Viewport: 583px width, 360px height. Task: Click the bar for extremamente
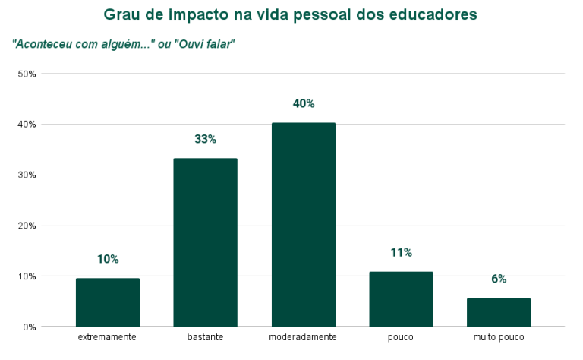click(108, 302)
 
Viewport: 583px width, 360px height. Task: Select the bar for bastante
click(205, 242)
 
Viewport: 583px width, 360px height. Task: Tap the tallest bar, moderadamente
click(303, 225)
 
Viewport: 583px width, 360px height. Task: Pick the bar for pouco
click(401, 299)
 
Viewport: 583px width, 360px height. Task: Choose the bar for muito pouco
click(499, 312)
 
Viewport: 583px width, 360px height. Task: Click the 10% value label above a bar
click(108, 259)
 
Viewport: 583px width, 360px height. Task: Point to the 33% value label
click(205, 139)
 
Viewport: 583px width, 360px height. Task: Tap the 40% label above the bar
click(303, 103)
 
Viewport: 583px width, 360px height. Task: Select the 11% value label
click(401, 252)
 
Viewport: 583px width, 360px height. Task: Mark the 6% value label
click(499, 279)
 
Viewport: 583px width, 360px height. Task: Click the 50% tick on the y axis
click(27, 74)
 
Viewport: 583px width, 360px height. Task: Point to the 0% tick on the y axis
click(30, 327)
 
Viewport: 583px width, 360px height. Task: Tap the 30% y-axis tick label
click(27, 175)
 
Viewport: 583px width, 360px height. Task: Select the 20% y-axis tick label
click(27, 226)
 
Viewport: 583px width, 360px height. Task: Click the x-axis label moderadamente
click(303, 336)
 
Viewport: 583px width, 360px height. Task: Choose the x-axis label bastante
click(205, 336)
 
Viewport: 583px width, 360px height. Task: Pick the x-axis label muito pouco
click(499, 336)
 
